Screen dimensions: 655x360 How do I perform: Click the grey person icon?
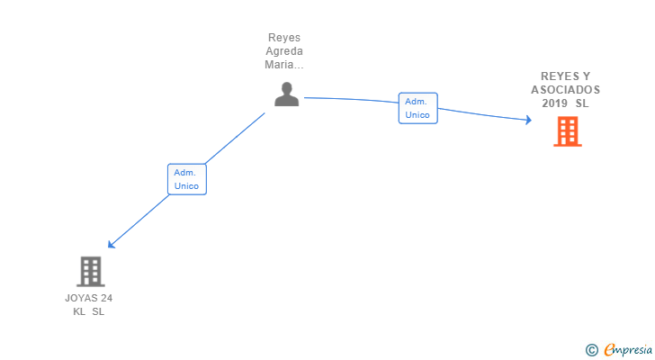click(286, 94)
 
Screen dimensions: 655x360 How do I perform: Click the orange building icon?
click(567, 131)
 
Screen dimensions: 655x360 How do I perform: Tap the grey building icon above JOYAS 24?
click(91, 272)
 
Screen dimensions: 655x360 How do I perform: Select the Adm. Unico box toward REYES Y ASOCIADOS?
click(417, 108)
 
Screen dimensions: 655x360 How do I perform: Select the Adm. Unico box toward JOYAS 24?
click(187, 179)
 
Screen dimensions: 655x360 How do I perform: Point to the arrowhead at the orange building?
click(529, 121)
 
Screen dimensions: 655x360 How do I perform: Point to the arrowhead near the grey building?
click(112, 244)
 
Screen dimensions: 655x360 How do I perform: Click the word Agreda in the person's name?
click(284, 51)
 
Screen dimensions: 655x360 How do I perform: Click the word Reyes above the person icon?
click(284, 38)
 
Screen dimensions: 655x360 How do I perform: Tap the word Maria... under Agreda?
click(284, 65)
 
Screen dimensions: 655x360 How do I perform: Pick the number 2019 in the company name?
click(554, 103)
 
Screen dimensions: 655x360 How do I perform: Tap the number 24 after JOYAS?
click(107, 298)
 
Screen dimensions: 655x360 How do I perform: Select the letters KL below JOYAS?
click(79, 311)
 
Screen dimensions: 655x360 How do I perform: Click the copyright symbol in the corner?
click(591, 350)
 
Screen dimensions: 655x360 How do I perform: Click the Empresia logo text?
click(628, 350)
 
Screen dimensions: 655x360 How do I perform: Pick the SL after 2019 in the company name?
click(582, 103)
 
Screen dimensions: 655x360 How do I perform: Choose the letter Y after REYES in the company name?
click(586, 76)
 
